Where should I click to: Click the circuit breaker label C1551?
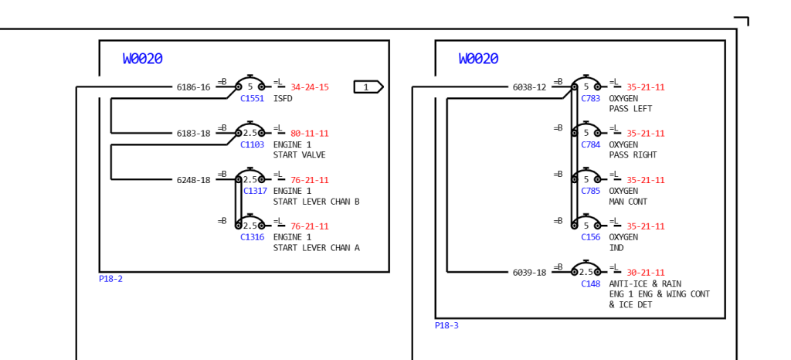coord(252,99)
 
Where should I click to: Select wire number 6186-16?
coord(193,87)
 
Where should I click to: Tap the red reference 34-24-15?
coord(310,87)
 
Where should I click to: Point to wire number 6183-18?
coord(193,134)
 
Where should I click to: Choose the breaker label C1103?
coord(252,144)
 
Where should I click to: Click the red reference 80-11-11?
coord(310,134)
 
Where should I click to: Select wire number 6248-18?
coord(193,180)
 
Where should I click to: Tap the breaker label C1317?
coord(255,191)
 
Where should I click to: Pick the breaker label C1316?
coord(252,237)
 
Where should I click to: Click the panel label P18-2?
coord(110,279)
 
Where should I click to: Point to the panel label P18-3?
coord(446,325)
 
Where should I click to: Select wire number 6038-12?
coord(529,87)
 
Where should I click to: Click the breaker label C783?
coord(590,99)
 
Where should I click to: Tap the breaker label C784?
coord(590,144)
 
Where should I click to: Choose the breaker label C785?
coord(590,191)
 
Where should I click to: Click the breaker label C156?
coord(590,237)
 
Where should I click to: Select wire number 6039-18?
coord(529,273)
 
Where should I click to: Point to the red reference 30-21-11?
coord(646,273)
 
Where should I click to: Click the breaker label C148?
coord(590,284)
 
